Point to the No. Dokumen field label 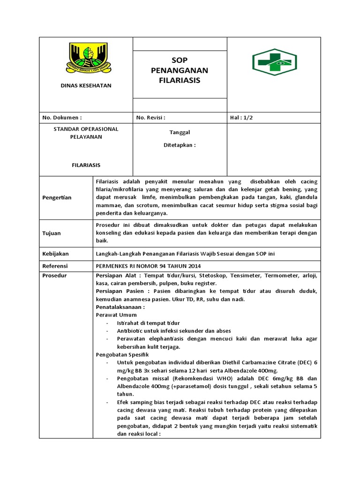[62, 118]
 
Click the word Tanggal [180, 133]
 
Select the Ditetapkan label [180, 145]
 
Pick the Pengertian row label [58, 197]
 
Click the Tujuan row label [52, 233]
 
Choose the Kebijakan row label [56, 254]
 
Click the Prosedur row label [54, 276]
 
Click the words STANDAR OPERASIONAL [86, 129]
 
